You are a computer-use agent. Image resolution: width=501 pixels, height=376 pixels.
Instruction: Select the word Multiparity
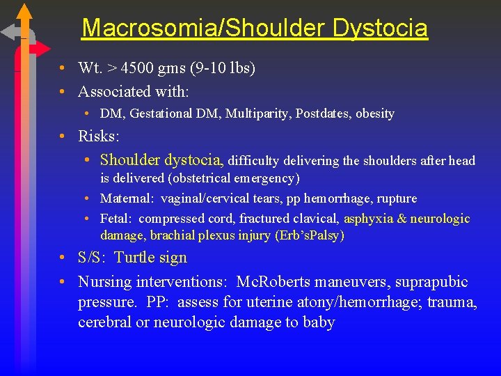(x=255, y=113)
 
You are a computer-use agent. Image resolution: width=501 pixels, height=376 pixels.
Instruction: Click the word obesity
(x=375, y=113)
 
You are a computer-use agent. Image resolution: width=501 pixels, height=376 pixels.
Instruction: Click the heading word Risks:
(x=98, y=136)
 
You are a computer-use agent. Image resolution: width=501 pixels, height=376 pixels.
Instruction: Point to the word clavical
(x=312, y=219)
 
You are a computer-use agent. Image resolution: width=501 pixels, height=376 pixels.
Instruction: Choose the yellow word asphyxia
(x=367, y=219)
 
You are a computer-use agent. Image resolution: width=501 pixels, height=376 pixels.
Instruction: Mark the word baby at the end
(x=320, y=322)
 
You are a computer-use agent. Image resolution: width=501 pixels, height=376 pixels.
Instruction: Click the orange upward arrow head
(x=24, y=10)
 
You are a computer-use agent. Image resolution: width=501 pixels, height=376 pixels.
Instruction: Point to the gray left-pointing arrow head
(x=8, y=32)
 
